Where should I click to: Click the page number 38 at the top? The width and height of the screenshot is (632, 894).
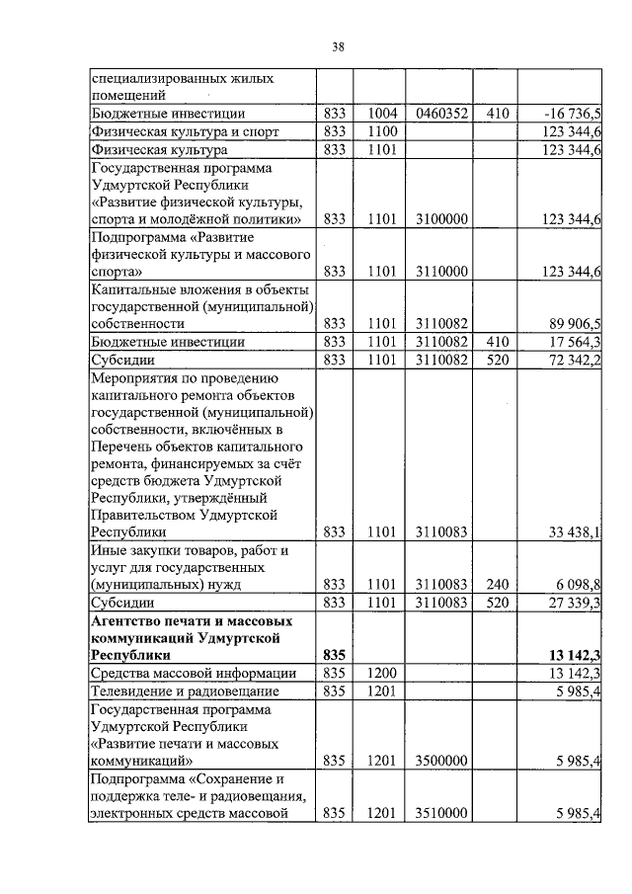[x=338, y=46]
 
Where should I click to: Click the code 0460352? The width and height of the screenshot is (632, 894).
[x=442, y=114]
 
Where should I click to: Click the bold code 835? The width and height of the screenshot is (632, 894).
[x=334, y=655]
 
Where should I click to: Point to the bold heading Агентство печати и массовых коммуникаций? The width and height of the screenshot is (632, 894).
[x=187, y=636]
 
